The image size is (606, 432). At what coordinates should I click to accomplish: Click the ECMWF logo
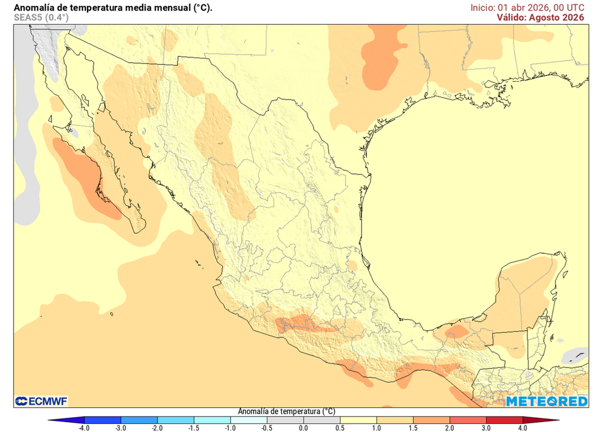point(41,401)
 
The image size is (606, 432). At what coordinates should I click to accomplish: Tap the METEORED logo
point(546,402)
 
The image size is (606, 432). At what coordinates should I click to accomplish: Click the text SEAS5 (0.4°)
point(41,18)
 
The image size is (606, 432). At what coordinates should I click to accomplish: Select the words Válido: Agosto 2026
point(540,18)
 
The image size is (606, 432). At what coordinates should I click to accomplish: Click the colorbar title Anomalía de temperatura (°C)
point(286,411)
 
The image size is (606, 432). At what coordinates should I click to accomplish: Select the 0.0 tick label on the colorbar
point(303,427)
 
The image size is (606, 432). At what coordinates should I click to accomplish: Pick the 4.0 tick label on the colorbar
point(522,427)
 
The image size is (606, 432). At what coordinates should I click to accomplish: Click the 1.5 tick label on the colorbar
point(412,427)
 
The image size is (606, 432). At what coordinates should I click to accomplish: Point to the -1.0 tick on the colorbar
point(230,427)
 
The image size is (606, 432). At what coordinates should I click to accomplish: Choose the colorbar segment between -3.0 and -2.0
point(139,420)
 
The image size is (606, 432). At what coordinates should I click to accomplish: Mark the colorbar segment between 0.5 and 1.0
point(357,420)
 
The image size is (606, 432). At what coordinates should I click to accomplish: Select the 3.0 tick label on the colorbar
point(485,427)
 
